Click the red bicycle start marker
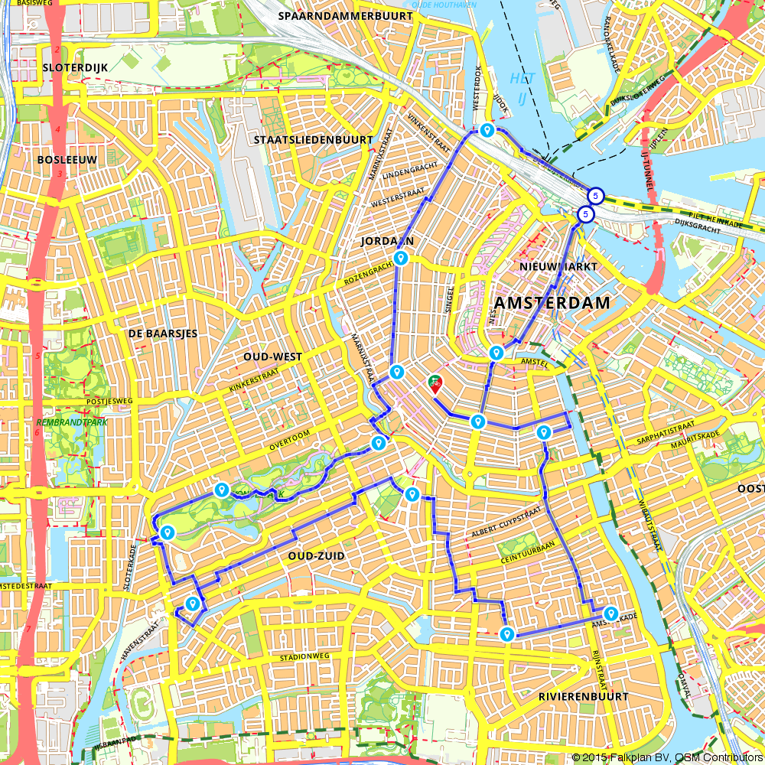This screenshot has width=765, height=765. tap(435, 384)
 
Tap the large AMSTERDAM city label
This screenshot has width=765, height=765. tap(552, 303)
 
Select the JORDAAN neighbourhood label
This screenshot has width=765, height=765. tap(388, 241)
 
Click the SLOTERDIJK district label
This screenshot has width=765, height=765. tap(75, 67)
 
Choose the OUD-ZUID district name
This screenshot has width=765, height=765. tap(311, 555)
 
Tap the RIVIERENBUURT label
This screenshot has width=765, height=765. tap(583, 696)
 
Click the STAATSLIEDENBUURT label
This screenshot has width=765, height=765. tap(313, 140)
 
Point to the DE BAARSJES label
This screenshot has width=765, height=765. tap(162, 334)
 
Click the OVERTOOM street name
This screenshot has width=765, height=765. tap(290, 444)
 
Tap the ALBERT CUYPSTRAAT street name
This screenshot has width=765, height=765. tap(506, 520)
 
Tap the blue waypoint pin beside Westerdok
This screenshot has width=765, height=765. tap(487, 131)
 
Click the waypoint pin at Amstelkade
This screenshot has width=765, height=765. tap(610, 613)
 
